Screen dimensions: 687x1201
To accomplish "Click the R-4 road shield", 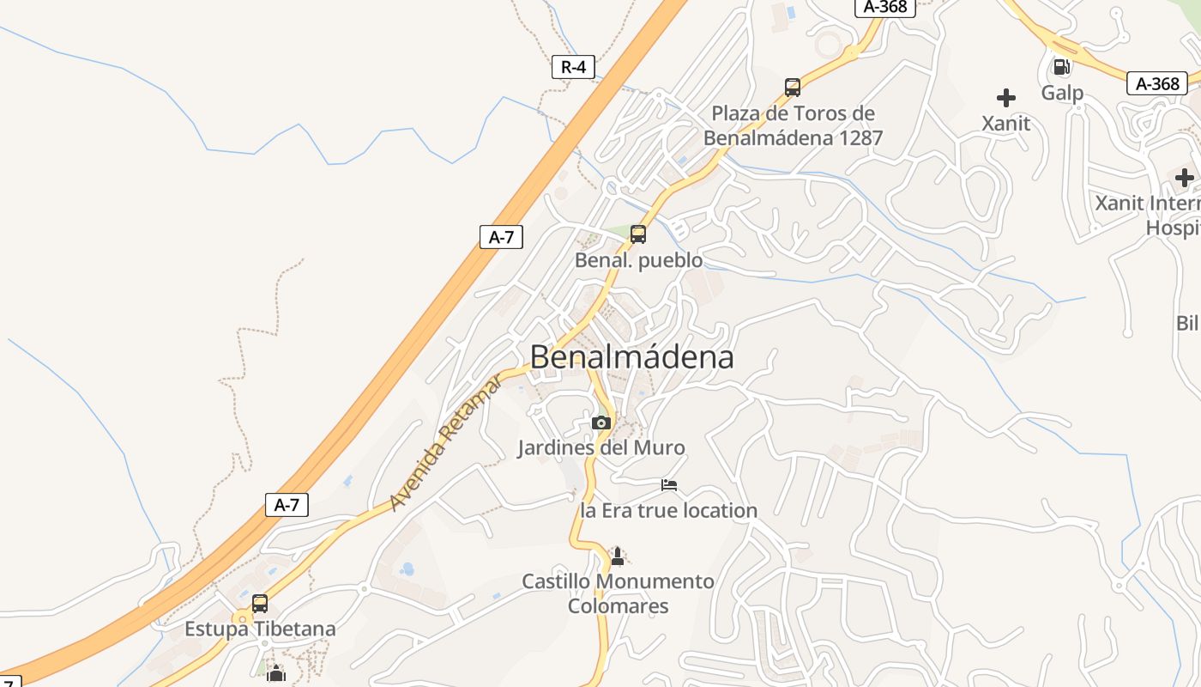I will click(573, 67).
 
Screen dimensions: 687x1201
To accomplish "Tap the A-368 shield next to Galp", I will click(1156, 83).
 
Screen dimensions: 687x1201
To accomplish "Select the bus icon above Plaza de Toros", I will click(793, 87).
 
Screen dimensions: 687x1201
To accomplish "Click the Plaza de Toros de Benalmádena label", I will click(793, 125).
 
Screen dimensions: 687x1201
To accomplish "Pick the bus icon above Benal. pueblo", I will click(638, 234).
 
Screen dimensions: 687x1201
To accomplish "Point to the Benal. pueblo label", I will click(638, 260).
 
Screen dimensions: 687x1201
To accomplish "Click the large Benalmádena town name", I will click(632, 357).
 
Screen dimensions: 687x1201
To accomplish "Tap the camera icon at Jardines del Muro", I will click(601, 423).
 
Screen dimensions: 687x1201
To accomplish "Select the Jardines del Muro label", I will click(601, 447).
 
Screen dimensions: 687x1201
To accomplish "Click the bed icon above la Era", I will click(669, 485).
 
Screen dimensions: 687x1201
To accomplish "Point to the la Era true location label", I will click(669, 511).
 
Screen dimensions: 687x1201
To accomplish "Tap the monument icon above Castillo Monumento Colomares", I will click(617, 556).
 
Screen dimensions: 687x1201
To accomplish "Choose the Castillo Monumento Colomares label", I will click(618, 593).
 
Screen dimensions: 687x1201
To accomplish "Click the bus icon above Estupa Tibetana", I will click(260, 603).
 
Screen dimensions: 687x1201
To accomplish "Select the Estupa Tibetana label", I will click(260, 629).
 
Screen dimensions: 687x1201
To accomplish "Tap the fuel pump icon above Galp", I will click(1061, 67).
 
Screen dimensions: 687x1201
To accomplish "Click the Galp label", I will click(1062, 93).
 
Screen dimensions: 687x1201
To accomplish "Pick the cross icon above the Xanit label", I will click(1006, 98).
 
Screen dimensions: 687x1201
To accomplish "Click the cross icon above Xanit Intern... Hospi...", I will click(1185, 178).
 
